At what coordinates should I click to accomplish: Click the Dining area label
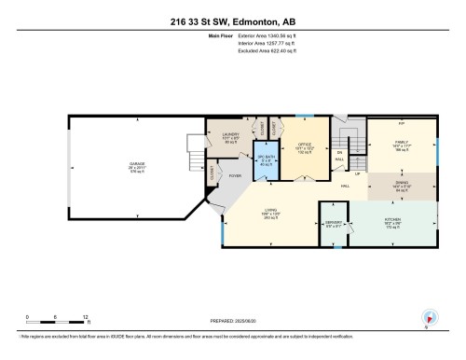401,185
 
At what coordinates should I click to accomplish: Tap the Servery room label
334,224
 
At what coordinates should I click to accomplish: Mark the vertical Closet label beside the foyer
213,173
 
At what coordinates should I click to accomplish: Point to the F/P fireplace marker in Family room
401,123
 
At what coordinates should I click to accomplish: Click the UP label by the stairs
357,173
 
